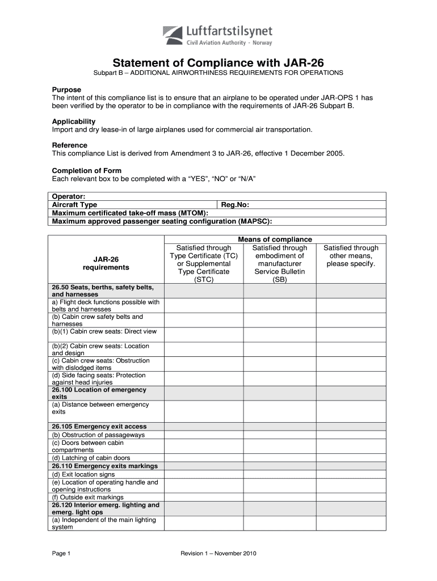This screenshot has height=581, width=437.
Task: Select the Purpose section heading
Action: (66, 90)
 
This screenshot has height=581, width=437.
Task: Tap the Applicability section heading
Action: (74, 121)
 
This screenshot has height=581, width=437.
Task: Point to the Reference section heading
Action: (70, 145)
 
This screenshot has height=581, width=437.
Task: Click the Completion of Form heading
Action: (87, 171)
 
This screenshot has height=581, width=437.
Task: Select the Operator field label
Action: (69, 196)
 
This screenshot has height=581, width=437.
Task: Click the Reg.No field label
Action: (235, 205)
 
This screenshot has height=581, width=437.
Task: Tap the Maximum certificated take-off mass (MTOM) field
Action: (130, 213)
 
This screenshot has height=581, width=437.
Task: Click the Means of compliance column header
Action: (279, 239)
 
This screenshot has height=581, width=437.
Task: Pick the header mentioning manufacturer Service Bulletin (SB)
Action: (279, 263)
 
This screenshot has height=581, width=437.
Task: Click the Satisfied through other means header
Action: (350, 255)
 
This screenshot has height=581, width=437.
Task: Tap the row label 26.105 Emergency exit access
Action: (99, 426)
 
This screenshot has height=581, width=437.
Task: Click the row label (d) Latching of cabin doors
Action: (91, 458)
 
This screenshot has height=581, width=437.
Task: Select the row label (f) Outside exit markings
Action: (87, 497)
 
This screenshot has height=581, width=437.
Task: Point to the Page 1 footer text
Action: (61, 553)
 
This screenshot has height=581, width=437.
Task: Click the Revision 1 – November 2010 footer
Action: (218, 553)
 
